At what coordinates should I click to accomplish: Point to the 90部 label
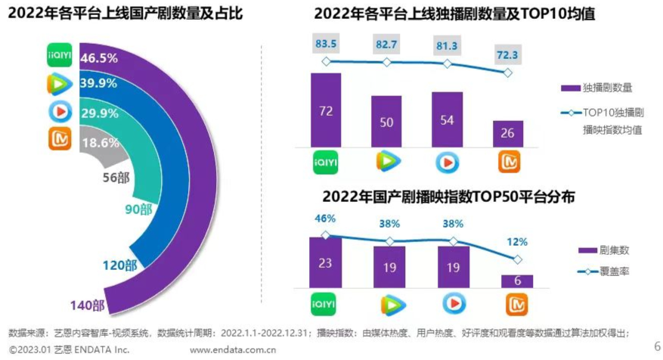tap(139, 209)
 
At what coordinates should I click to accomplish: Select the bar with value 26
tap(507, 132)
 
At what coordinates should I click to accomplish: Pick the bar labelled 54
tap(447, 119)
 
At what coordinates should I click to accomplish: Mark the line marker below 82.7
tap(386, 62)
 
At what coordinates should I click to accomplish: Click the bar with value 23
tap(326, 263)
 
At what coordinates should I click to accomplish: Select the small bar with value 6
tap(518, 281)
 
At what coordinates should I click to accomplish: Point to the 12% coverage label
tap(518, 242)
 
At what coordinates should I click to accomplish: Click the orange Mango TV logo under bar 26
tap(507, 161)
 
